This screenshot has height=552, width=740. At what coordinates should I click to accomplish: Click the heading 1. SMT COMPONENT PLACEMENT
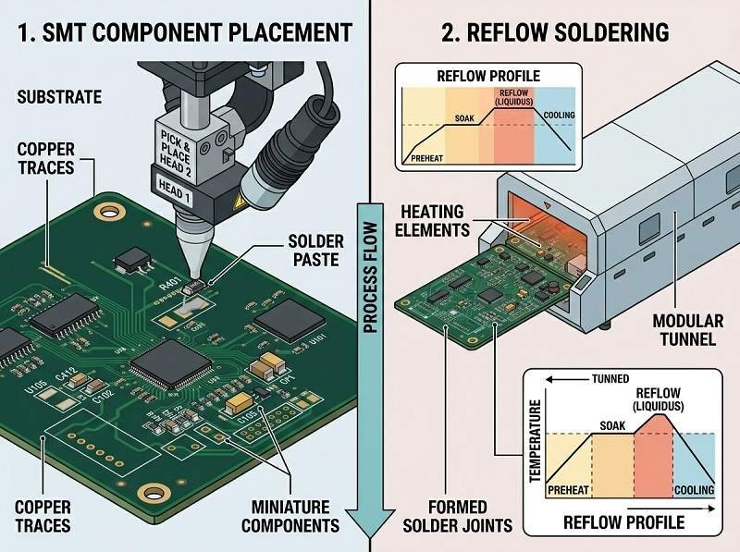point(184,33)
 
